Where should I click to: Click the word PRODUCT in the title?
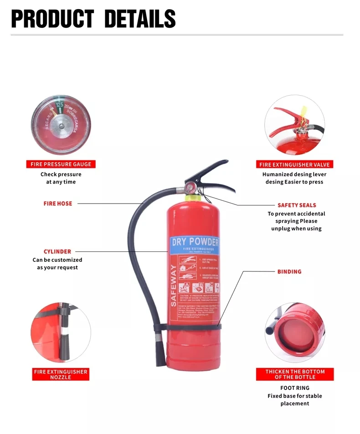pyautogui.click(x=53, y=19)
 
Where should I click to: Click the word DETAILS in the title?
pyautogui.click(x=140, y=19)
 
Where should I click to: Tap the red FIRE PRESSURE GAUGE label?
pyautogui.click(x=61, y=164)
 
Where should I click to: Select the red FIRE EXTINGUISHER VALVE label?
pyautogui.click(x=294, y=164)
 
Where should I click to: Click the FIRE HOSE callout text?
pyautogui.click(x=58, y=204)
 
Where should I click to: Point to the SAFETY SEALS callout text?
pyautogui.click(x=297, y=205)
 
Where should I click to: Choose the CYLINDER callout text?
pyautogui.click(x=57, y=251)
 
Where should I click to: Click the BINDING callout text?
pyautogui.click(x=289, y=272)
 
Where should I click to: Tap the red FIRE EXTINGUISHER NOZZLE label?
pyautogui.click(x=61, y=374)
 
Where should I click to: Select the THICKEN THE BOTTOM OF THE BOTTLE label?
pyautogui.click(x=295, y=374)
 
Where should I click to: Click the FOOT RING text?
pyautogui.click(x=295, y=388)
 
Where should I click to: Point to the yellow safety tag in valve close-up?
pyautogui.click(x=303, y=112)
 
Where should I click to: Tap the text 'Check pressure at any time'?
pyautogui.click(x=61, y=178)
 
